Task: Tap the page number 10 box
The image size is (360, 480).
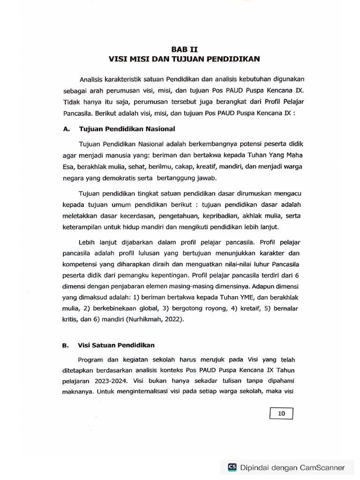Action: pyautogui.click(x=282, y=413)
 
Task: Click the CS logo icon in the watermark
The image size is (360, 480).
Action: pyautogui.click(x=232, y=467)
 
